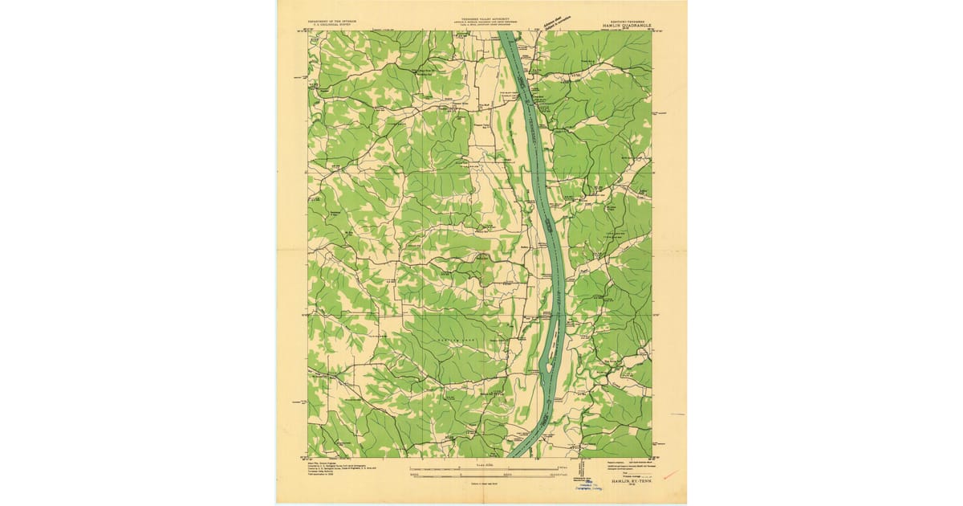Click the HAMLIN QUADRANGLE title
click(x=625, y=24)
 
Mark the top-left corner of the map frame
click(x=307, y=31)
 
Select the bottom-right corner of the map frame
click(x=652, y=458)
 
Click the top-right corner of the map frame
click(x=652, y=31)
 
